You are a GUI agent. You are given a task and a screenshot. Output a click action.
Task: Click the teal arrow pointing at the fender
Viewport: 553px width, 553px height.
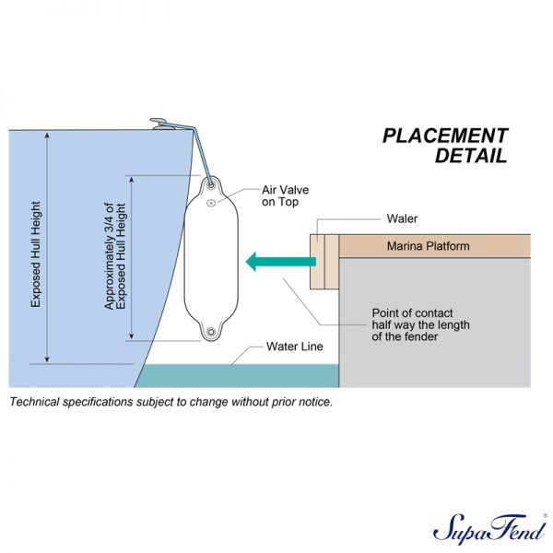[281, 262]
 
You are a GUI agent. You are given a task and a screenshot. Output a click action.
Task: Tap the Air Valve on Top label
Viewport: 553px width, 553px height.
[285, 195]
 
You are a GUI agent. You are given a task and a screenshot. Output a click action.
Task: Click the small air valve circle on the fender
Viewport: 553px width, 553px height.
[211, 203]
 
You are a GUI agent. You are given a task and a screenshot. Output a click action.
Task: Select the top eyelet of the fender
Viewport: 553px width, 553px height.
[211, 185]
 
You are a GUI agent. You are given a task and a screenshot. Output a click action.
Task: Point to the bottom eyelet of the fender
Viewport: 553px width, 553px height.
[211, 332]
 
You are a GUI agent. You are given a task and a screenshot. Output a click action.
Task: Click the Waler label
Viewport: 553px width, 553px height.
[402, 218]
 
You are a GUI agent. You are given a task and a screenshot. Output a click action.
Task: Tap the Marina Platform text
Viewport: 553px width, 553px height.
[429, 246]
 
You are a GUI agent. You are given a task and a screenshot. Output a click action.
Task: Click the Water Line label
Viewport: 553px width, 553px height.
[295, 347]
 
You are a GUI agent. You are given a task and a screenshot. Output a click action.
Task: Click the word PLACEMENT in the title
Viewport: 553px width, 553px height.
[445, 135]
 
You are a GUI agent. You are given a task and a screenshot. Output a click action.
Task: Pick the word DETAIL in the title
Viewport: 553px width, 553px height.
[471, 156]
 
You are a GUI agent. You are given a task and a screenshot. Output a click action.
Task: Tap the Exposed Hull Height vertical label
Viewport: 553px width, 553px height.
[36, 254]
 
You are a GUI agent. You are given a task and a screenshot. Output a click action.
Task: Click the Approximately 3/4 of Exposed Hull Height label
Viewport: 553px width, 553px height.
[115, 256]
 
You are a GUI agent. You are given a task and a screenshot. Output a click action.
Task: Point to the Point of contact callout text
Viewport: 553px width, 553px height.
[420, 324]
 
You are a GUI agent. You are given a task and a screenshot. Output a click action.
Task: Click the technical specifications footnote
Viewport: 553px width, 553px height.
[171, 402]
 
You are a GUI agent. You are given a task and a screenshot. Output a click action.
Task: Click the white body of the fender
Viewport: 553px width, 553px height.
[211, 258]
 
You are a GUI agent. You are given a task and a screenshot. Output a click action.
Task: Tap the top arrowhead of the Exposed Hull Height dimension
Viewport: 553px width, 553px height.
[47, 135]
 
